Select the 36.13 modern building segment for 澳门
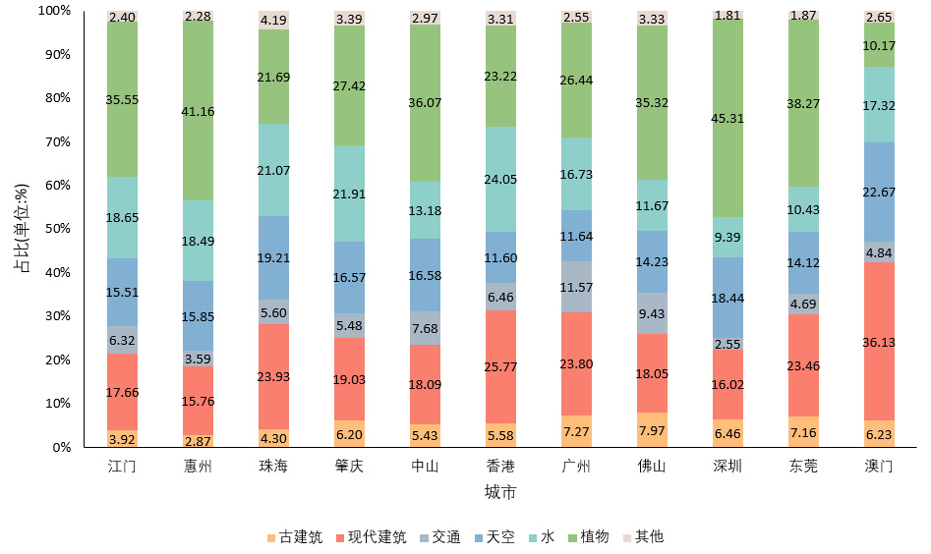click(x=879, y=342)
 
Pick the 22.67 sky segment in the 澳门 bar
click(x=879, y=192)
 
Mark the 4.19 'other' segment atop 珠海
click(x=273, y=20)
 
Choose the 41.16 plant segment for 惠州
click(x=199, y=111)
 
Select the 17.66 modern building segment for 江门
click(x=123, y=391)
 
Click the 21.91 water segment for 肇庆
click(x=349, y=194)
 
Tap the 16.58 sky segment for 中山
click(x=425, y=275)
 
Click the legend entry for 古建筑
click(x=294, y=537)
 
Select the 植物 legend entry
click(x=588, y=537)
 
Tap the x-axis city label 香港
click(x=501, y=466)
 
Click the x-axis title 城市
click(x=500, y=491)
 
